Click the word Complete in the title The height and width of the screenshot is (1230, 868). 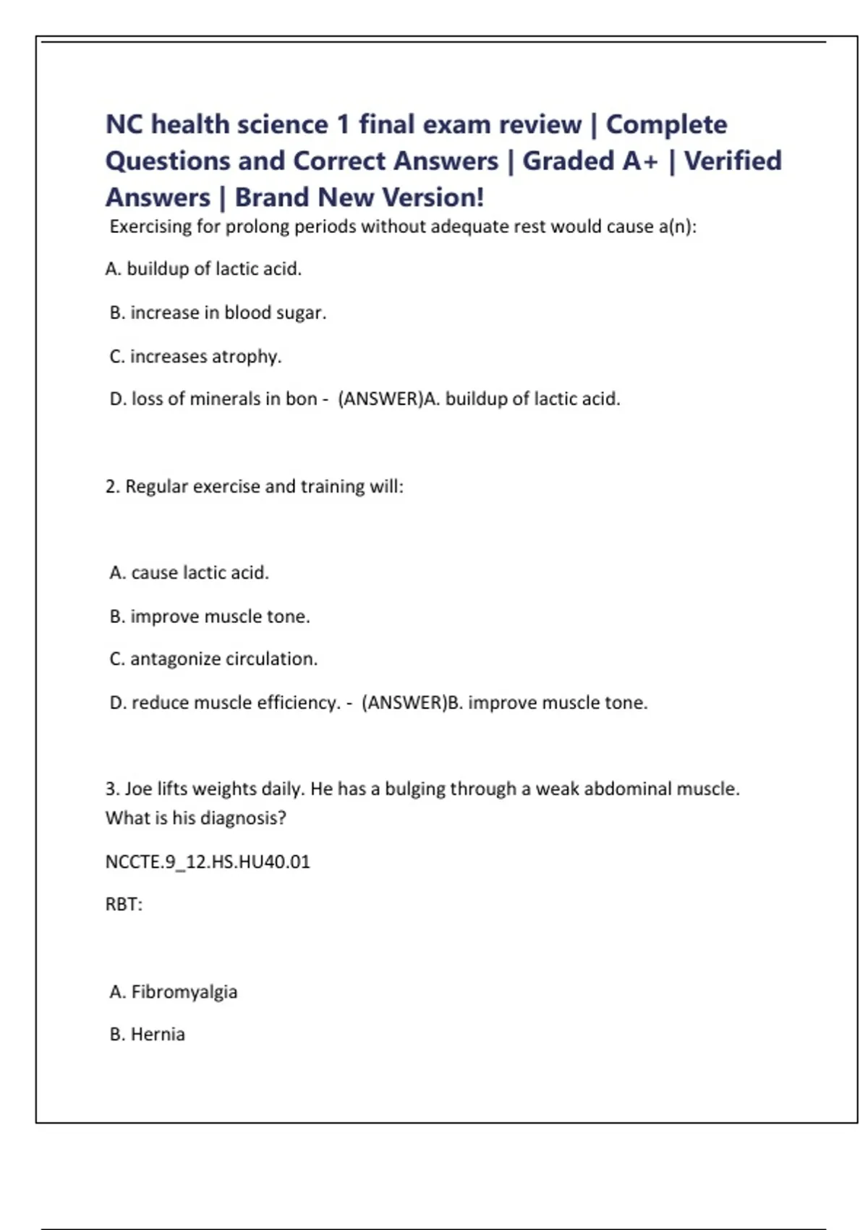click(x=666, y=124)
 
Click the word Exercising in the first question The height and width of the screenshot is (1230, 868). click(x=150, y=227)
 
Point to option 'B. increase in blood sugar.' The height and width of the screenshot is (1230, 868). click(x=218, y=313)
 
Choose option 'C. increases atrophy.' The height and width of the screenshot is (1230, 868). click(x=195, y=356)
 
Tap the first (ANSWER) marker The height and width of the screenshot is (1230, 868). click(x=380, y=399)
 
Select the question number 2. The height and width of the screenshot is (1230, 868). click(x=111, y=486)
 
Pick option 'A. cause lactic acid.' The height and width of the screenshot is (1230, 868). click(x=189, y=572)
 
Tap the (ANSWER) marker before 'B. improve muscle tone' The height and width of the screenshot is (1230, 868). click(x=404, y=703)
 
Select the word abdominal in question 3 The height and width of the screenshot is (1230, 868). click(x=627, y=789)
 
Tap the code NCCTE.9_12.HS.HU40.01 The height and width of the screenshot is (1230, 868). click(x=208, y=862)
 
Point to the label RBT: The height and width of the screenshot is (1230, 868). click(x=124, y=904)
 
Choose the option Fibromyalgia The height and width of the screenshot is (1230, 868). click(x=184, y=991)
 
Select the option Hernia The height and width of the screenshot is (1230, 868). click(x=157, y=1035)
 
